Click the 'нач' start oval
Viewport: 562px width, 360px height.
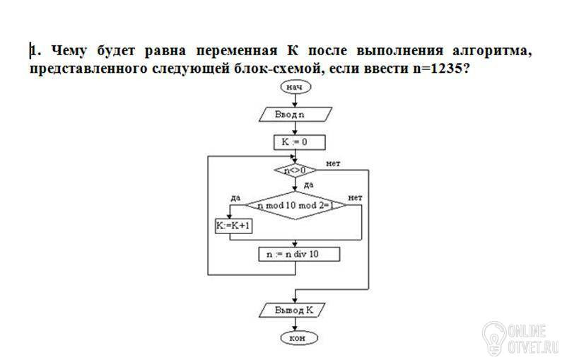(x=295, y=87)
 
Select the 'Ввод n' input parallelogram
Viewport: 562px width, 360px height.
(x=295, y=115)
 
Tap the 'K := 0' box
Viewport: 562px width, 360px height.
(x=300, y=142)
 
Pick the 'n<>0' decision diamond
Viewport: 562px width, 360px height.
(x=295, y=170)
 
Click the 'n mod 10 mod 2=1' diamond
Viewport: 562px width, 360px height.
(x=295, y=205)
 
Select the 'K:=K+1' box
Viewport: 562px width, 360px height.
(x=233, y=226)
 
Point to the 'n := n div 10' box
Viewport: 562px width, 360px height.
(x=299, y=254)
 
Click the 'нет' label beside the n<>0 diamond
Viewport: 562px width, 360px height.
(x=334, y=163)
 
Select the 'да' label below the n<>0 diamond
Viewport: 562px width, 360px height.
(x=309, y=185)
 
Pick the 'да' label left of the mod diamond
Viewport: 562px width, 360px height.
(x=235, y=198)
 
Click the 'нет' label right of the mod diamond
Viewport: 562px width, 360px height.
(x=355, y=197)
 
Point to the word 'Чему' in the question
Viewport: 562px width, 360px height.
(x=69, y=51)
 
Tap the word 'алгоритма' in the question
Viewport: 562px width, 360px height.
(x=492, y=51)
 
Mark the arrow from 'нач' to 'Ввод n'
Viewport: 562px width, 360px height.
(x=295, y=100)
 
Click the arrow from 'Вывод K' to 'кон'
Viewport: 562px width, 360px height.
(x=295, y=325)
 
